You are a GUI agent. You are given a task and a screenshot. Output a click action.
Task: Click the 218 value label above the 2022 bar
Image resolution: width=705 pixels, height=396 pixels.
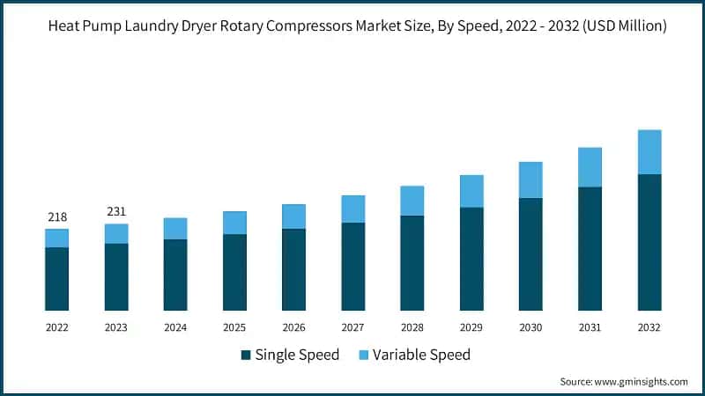pyautogui.click(x=56, y=217)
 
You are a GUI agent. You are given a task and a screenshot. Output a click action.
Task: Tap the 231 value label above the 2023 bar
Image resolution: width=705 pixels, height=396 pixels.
pyautogui.click(x=115, y=212)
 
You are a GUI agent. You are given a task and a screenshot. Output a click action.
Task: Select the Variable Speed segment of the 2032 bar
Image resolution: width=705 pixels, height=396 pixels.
pyautogui.click(x=649, y=152)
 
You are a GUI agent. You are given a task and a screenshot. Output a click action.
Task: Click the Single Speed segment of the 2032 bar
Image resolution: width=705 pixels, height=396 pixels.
pyautogui.click(x=649, y=242)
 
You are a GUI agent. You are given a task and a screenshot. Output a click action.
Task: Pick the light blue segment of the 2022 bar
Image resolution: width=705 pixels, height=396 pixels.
pyautogui.click(x=56, y=238)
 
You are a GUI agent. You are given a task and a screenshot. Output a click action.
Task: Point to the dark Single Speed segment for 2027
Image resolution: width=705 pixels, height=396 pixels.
pyautogui.click(x=352, y=266)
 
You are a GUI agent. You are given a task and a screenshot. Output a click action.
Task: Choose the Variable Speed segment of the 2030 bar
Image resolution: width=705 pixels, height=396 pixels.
pyautogui.click(x=531, y=180)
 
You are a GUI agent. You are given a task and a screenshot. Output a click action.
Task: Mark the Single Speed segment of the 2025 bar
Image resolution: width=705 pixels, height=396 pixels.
pyautogui.click(x=234, y=272)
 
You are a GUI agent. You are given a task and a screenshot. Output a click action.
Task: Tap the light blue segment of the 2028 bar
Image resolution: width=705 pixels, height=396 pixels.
pyautogui.click(x=412, y=201)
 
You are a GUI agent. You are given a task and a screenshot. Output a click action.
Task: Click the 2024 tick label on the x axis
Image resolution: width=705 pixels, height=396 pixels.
pyautogui.click(x=175, y=326)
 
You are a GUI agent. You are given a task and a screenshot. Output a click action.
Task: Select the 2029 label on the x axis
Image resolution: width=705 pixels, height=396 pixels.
pyautogui.click(x=471, y=326)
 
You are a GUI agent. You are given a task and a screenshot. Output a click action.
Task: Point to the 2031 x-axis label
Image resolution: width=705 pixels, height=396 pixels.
pyautogui.click(x=590, y=326)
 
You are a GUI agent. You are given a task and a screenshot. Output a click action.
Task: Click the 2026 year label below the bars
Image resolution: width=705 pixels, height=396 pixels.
pyautogui.click(x=293, y=326)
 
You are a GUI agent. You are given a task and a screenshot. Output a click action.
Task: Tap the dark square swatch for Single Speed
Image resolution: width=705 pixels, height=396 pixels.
pyautogui.click(x=245, y=356)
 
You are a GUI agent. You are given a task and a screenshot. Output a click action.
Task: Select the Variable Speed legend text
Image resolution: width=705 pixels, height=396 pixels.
pyautogui.click(x=421, y=356)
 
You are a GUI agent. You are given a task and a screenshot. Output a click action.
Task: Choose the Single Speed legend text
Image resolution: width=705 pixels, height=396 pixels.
pyautogui.click(x=297, y=356)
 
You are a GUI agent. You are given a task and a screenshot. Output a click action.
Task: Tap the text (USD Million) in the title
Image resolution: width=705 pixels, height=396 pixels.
pyautogui.click(x=623, y=27)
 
